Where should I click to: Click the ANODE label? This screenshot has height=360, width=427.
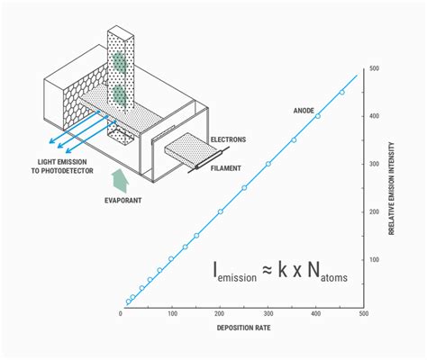point(304,111)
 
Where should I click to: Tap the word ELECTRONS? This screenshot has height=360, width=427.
point(228,139)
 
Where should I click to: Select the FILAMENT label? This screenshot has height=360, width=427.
point(225,168)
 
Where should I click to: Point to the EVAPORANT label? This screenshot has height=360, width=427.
point(123,200)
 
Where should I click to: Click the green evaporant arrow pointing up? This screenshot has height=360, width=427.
point(120,181)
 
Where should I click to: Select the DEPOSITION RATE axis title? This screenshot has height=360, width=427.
point(243,328)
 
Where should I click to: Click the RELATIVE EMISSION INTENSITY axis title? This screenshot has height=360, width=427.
point(391,188)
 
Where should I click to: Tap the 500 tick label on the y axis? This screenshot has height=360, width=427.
point(374,68)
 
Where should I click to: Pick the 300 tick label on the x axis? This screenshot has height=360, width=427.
point(268,314)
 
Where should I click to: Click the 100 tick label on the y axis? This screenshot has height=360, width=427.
point(374,260)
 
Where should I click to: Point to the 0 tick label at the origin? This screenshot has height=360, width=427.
point(121,314)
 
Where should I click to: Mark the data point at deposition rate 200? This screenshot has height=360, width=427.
point(221,211)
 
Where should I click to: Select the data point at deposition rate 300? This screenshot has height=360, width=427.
point(268,164)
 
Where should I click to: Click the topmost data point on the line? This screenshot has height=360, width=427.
point(341,92)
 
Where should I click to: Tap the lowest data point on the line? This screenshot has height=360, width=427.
point(128,301)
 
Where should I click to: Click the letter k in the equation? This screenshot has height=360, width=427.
point(282,269)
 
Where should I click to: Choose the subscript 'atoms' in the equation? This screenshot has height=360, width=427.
point(334,277)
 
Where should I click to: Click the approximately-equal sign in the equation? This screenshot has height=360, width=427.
point(267,270)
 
